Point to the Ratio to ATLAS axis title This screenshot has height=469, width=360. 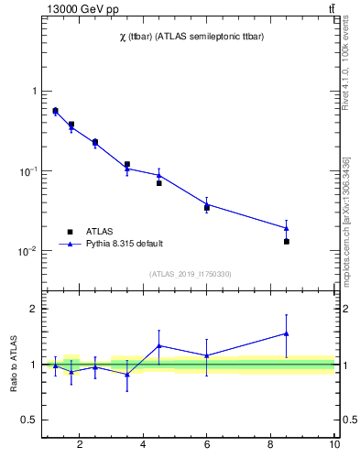pos(14,365)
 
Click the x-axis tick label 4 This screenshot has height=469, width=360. pos(143,445)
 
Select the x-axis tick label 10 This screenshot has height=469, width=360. pos(334,445)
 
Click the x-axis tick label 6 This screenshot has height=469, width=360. pos(207,445)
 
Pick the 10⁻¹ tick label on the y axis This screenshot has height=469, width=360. pos(27,171)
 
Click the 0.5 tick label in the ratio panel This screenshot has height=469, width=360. pos(27,420)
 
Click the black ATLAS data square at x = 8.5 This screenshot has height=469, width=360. pos(287,242)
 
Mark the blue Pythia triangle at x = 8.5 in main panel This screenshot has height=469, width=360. pos(287,228)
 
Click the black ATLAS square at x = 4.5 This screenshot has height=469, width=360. pos(158,183)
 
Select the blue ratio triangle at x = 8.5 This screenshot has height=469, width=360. pos(287,333)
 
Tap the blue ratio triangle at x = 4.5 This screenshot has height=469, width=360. pos(158,345)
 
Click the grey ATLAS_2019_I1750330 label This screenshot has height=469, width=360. pos(190,274)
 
